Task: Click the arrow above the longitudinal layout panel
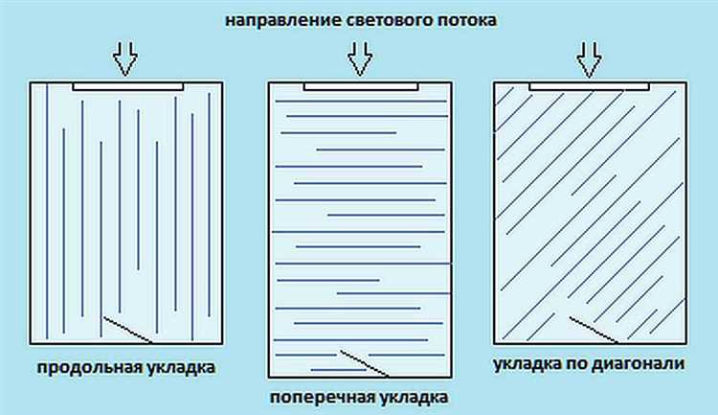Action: click(x=125, y=59)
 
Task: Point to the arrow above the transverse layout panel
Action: click(x=360, y=59)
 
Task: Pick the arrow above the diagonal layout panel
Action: click(x=589, y=59)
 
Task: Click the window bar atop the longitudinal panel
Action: click(x=127, y=86)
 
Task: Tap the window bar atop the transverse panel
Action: click(x=361, y=86)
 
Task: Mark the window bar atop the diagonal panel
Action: click(x=589, y=86)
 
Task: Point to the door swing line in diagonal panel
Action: click(x=594, y=328)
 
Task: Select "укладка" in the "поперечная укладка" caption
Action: click(x=406, y=395)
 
